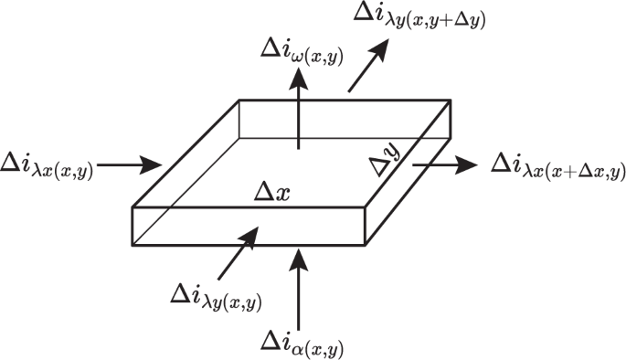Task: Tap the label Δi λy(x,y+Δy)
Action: [x=420, y=17]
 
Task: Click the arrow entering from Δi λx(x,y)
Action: [x=129, y=165]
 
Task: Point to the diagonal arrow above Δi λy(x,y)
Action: [x=237, y=252]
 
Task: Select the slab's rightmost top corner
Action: [x=452, y=101]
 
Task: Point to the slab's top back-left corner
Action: [x=239, y=101]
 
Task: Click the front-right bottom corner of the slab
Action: [x=365, y=244]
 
